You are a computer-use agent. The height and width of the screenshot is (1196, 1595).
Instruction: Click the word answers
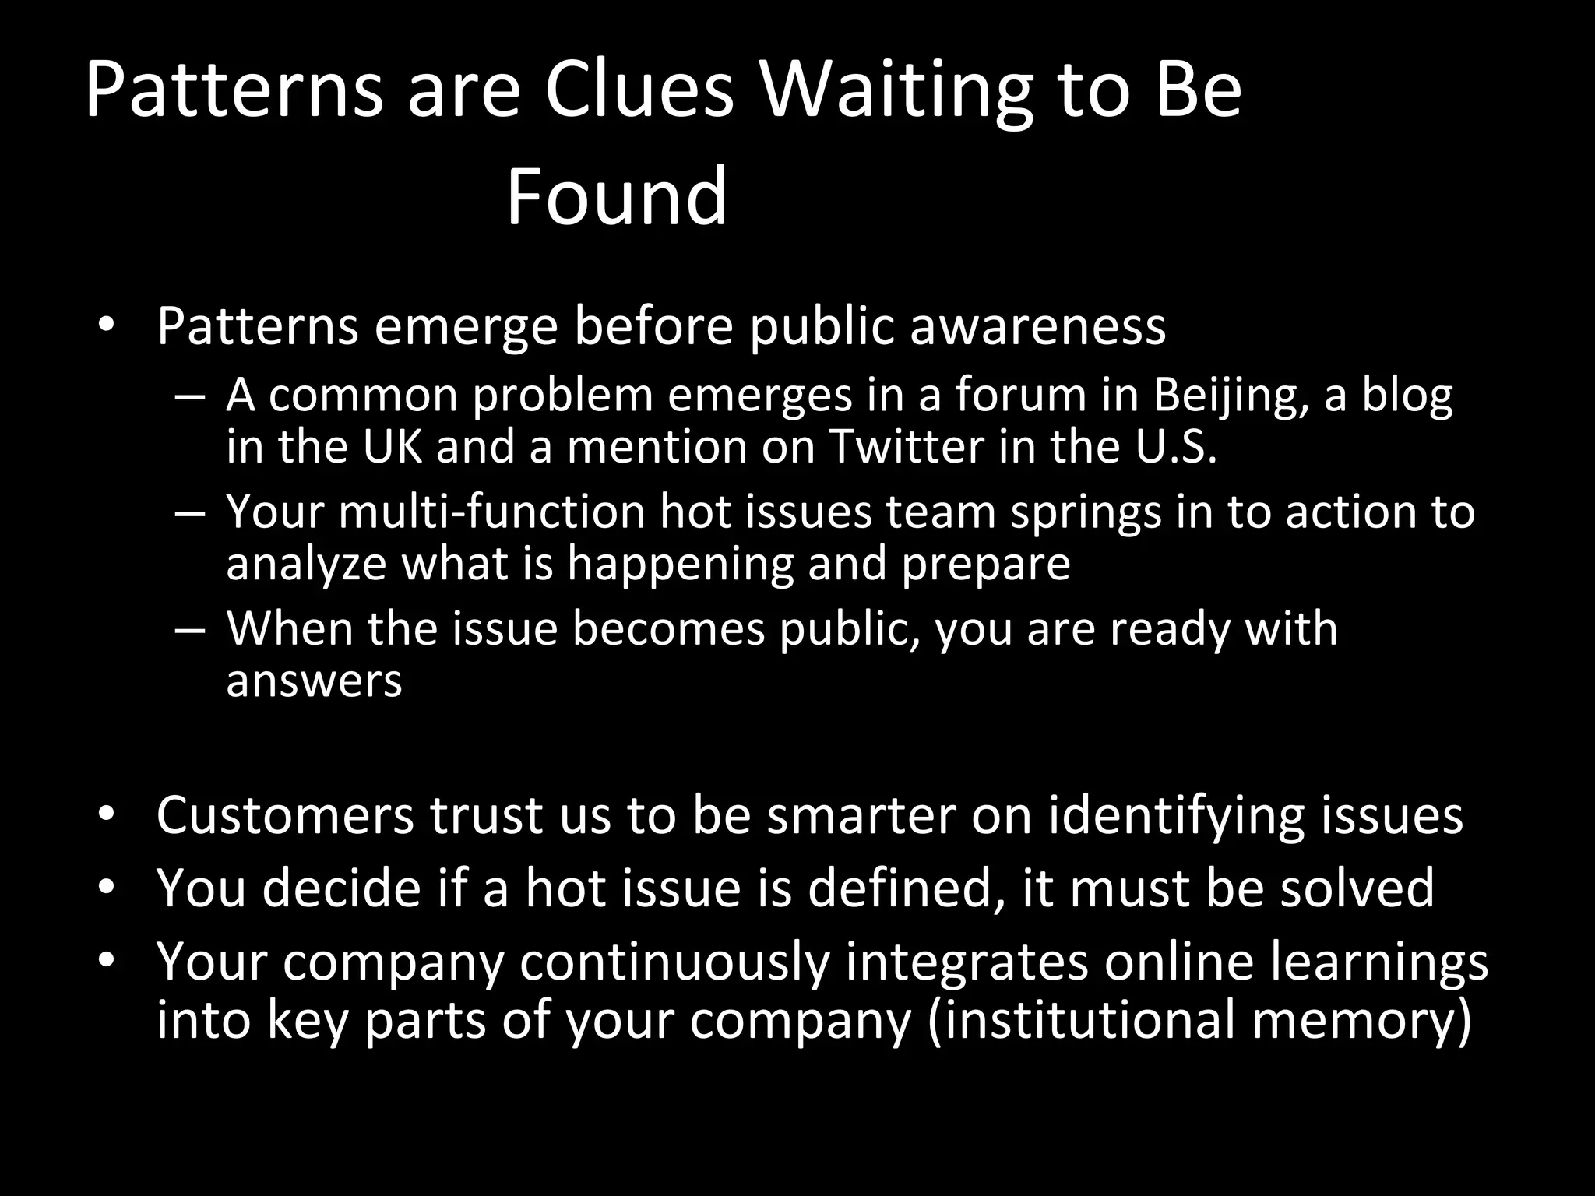coord(314,681)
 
